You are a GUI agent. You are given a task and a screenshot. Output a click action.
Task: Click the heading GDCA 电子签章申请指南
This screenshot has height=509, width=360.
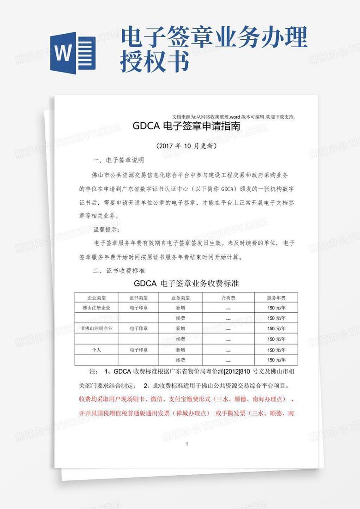coord(186,126)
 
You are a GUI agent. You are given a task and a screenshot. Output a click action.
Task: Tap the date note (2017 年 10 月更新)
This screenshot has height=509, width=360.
coord(186,146)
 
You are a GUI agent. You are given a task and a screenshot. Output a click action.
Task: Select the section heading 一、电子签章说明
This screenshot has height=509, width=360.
coord(119,161)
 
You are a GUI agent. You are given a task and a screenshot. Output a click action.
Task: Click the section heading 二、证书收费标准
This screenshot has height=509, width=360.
coord(119,270)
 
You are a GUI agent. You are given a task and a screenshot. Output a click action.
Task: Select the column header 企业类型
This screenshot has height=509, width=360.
coord(97,298)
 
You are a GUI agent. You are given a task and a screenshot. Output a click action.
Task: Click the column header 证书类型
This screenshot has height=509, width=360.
coord(138,298)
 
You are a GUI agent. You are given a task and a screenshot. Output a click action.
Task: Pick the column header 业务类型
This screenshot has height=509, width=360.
coord(180,298)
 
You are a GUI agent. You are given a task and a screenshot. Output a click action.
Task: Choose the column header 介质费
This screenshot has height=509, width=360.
coord(228,298)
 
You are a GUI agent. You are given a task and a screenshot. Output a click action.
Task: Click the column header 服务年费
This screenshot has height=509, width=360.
coord(276,298)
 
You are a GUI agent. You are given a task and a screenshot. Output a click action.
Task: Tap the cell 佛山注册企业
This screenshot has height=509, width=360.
coord(96,308)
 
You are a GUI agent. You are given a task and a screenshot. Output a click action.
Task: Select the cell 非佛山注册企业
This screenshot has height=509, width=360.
coord(96,328)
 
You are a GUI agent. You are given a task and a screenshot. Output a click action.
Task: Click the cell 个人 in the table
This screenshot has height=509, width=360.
coord(96,350)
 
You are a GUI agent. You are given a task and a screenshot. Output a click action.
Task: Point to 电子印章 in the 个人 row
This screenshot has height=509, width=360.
coord(138,350)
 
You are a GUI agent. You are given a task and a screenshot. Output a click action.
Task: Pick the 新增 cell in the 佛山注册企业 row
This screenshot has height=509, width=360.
coord(180,308)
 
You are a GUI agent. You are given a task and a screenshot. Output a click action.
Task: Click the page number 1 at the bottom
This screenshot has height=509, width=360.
coord(186,444)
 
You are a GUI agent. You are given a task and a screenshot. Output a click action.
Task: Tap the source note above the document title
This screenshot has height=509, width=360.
coord(233,117)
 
